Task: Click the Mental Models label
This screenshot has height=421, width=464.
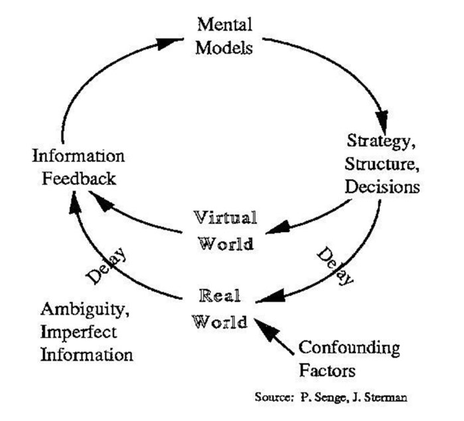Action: coord(225,36)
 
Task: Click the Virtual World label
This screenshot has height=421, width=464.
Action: coord(225,229)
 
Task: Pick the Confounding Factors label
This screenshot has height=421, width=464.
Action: coord(349,357)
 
